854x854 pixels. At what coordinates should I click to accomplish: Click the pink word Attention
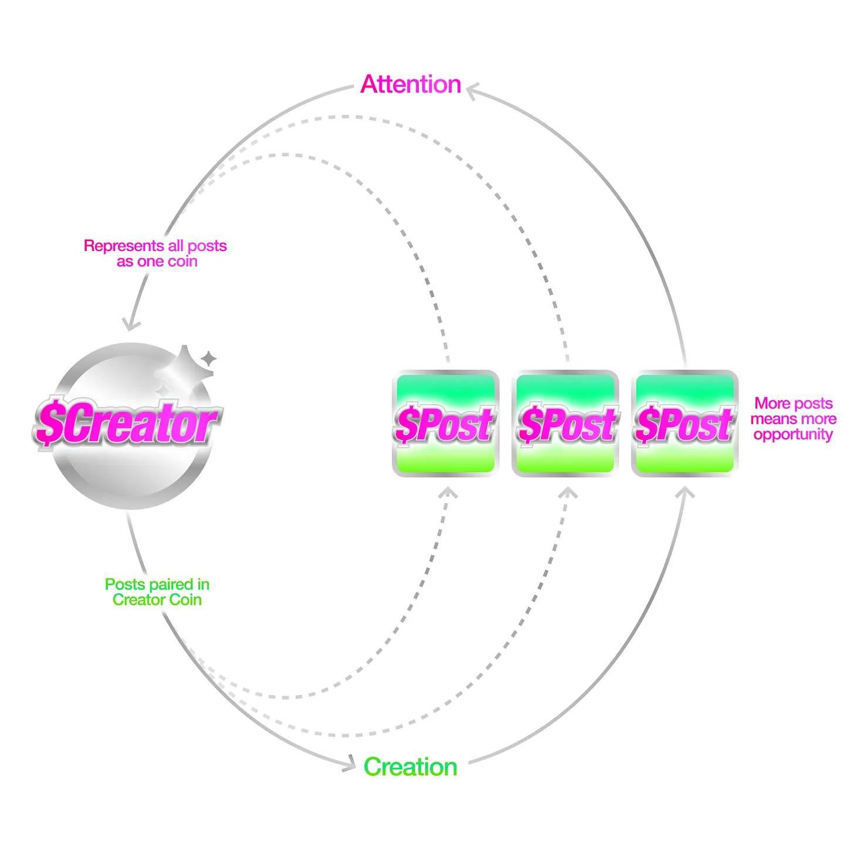(x=411, y=84)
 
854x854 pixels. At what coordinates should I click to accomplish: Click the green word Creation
(x=410, y=767)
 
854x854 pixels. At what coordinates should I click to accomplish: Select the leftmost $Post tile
(x=445, y=423)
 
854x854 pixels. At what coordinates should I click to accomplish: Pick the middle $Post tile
(x=565, y=423)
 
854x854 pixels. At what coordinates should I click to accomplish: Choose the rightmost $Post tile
(x=684, y=423)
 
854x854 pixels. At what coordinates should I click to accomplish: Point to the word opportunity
(x=793, y=435)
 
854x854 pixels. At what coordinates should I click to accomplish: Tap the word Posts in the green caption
(x=124, y=584)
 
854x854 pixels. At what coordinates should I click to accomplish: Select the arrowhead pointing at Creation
(x=349, y=764)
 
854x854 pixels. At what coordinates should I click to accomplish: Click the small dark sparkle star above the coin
(x=208, y=358)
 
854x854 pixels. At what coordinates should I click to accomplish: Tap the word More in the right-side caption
(x=770, y=404)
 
